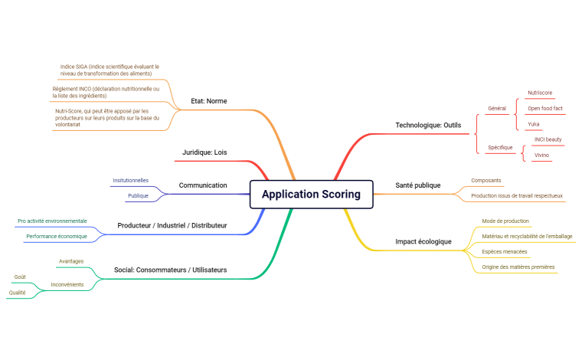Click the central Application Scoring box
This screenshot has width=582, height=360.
(x=311, y=195)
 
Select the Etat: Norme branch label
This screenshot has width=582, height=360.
(x=208, y=101)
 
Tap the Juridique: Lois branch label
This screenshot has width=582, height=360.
(x=204, y=152)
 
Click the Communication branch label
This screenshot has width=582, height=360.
(x=203, y=185)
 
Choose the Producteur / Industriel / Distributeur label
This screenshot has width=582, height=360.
(x=172, y=226)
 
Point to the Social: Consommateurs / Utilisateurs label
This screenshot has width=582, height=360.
(x=170, y=270)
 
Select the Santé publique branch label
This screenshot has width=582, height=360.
(x=417, y=185)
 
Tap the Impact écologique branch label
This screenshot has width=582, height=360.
(x=423, y=242)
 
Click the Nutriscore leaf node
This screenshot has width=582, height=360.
(x=539, y=93)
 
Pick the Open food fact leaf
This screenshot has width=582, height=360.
(x=544, y=109)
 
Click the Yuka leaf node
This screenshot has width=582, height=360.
(x=533, y=124)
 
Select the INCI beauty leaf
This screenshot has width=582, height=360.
(x=548, y=140)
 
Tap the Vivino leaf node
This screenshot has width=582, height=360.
(x=541, y=155)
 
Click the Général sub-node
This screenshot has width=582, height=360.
(x=497, y=109)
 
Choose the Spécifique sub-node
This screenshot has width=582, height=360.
(x=500, y=147)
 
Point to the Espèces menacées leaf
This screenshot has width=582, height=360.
(x=504, y=252)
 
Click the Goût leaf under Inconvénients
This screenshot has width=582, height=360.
(x=20, y=277)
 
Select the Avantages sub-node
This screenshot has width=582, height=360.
(x=71, y=262)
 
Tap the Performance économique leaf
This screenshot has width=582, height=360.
(x=56, y=237)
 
